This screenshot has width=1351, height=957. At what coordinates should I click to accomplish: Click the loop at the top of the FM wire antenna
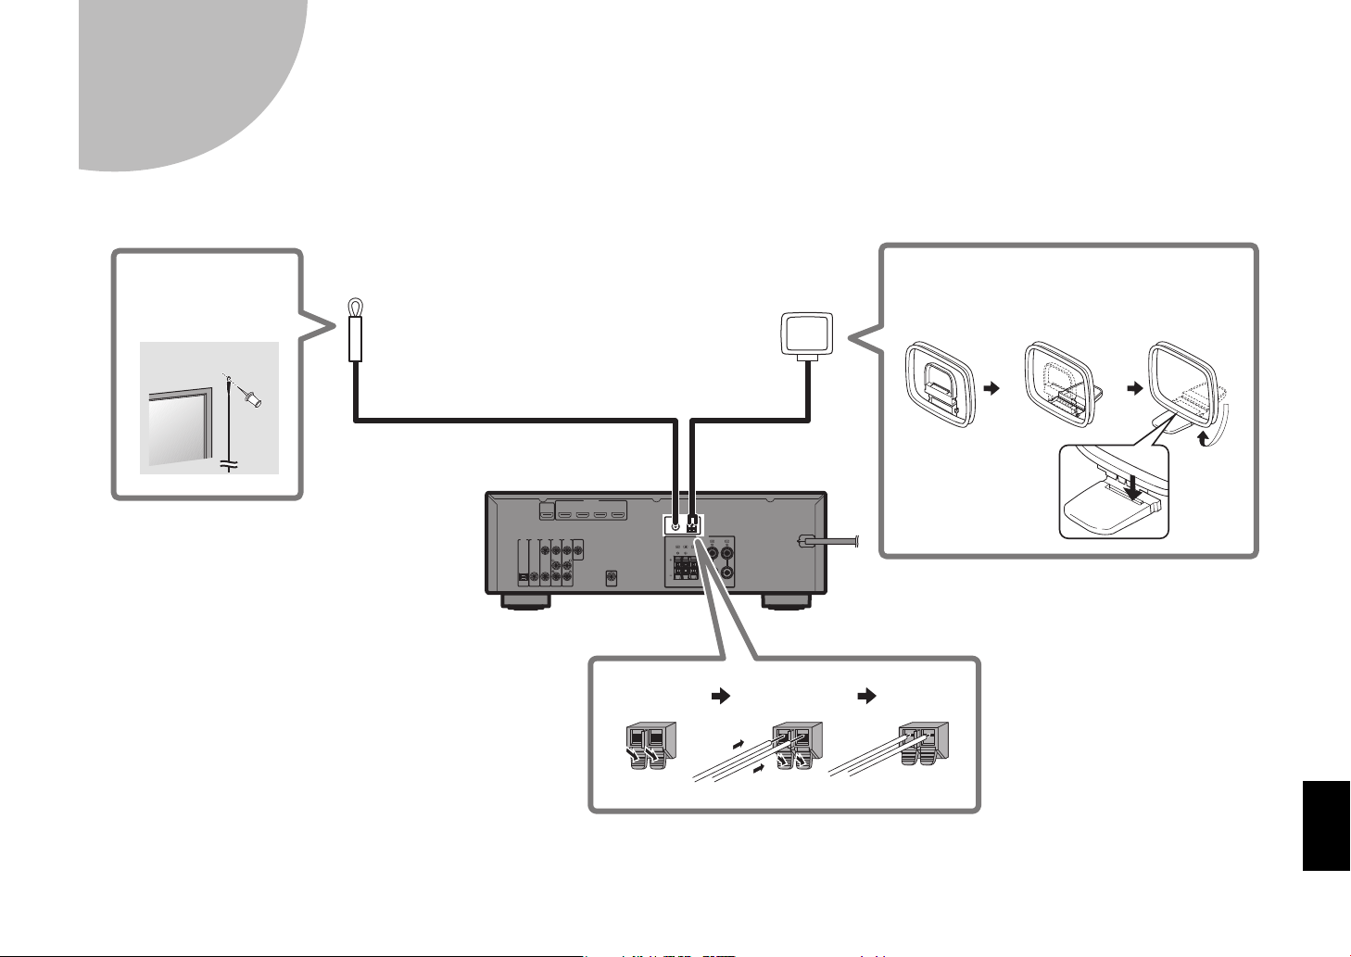pyautogui.click(x=354, y=307)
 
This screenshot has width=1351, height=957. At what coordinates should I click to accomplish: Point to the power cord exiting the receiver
pyautogui.click(x=834, y=544)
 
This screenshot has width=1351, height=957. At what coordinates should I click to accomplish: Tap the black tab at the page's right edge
pyautogui.click(x=1326, y=825)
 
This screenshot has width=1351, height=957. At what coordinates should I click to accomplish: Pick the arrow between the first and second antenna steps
pyautogui.click(x=993, y=389)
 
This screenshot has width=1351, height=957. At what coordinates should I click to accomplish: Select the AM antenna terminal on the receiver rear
pyautogui.click(x=691, y=525)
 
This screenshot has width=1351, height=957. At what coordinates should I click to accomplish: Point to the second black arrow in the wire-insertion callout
pyautogui.click(x=867, y=697)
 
